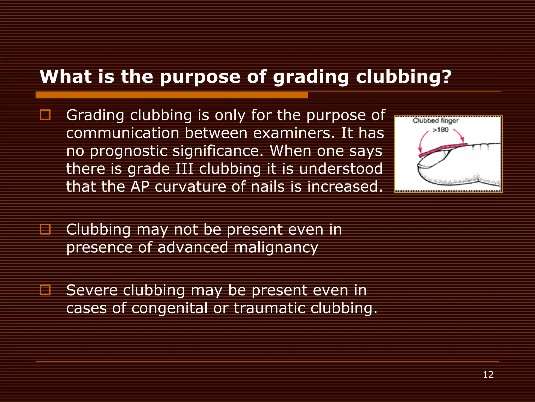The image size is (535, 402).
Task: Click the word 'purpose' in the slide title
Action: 200,77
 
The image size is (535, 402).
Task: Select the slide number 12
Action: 488,375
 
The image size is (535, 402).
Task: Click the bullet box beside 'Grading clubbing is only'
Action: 45,115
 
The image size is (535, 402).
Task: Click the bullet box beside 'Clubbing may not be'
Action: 45,229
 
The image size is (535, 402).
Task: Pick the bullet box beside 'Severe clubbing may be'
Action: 45,290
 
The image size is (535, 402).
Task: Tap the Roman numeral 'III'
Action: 184,169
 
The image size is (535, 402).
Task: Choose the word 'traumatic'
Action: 269,308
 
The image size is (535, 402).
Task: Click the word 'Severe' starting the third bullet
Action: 92,290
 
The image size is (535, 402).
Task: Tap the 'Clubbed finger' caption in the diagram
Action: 435,121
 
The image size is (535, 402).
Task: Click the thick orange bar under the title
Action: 172,95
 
